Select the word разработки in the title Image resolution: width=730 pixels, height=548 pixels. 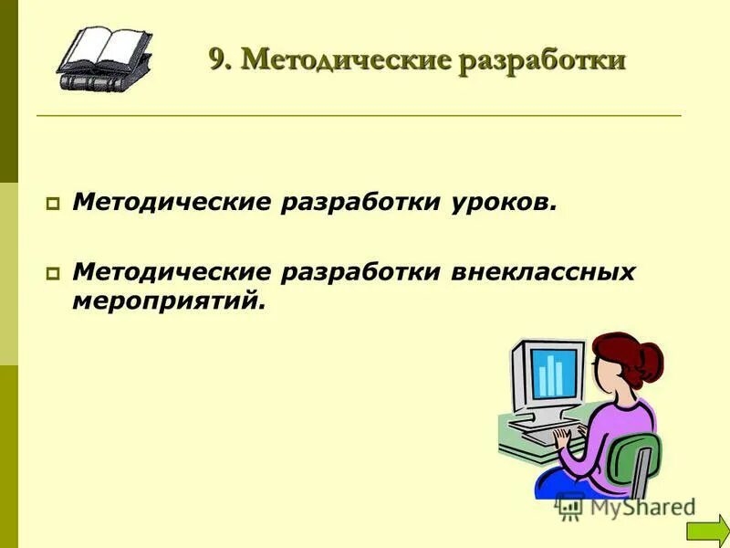[x=542, y=60]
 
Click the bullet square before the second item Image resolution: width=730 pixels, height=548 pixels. [x=52, y=273]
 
